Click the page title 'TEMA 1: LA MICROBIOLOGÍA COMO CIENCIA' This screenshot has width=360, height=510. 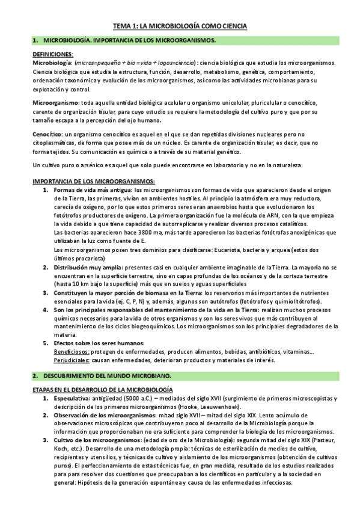[x=180, y=26]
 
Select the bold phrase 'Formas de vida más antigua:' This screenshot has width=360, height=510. [x=85, y=190]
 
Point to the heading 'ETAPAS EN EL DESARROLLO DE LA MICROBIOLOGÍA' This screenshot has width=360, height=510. [x=103, y=390]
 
